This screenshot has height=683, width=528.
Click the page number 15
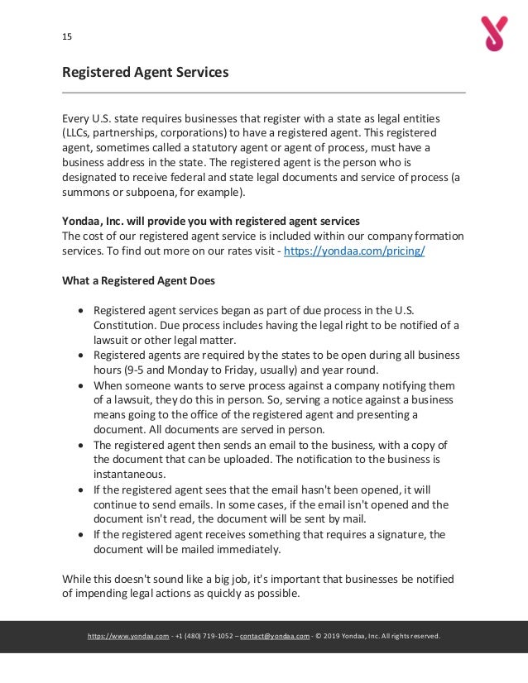point(67,36)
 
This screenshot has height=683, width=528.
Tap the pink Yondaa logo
point(494,34)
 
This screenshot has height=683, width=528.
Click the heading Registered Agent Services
point(146,73)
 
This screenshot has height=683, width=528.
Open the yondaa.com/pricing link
point(354,251)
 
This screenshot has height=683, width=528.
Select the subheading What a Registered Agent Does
point(139,280)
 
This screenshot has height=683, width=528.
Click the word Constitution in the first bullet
point(122,325)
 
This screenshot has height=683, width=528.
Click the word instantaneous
point(129,475)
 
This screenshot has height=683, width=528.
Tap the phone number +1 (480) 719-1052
point(203,636)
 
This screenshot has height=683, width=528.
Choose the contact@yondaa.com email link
point(274,636)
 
